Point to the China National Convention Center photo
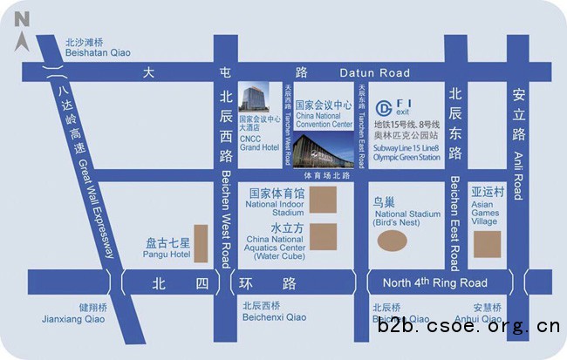[323, 151]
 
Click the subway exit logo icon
[385, 108]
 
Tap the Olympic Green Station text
[406, 157]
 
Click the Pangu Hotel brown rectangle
[201, 244]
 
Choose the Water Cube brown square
[324, 237]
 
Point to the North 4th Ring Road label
[434, 282]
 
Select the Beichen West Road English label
[224, 219]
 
